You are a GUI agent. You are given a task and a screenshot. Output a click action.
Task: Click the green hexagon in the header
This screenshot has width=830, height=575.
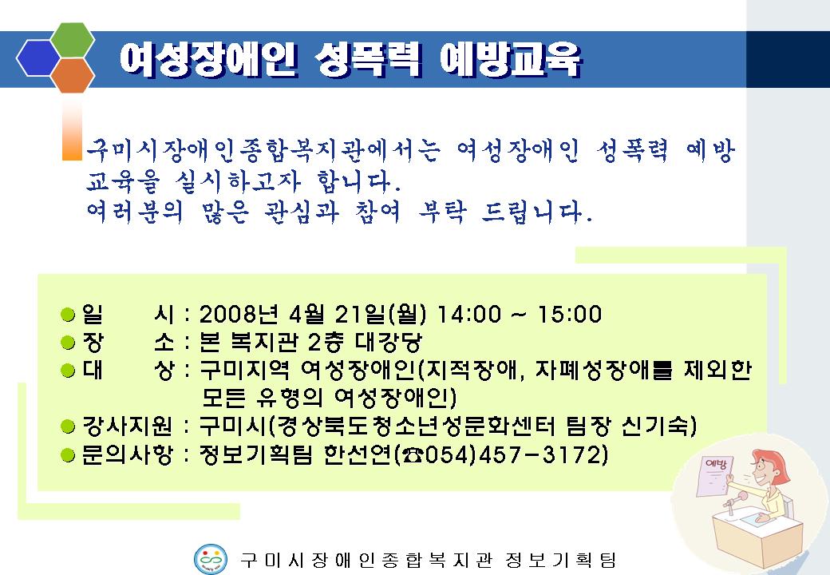point(73,40)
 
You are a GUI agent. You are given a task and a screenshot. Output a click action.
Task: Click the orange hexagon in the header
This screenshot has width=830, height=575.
point(73,75)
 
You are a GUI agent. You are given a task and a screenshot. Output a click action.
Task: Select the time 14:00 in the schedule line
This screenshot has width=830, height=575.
point(468,314)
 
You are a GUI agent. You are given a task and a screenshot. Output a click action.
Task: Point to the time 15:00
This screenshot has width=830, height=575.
point(570,314)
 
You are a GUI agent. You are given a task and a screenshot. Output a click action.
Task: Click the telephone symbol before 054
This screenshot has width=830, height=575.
point(413,455)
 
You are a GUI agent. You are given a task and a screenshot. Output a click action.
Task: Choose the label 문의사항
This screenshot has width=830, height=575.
point(127,455)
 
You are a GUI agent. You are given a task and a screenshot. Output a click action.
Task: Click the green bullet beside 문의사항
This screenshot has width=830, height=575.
point(69,455)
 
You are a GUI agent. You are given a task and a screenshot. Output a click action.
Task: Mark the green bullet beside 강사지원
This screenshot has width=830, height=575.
point(69,426)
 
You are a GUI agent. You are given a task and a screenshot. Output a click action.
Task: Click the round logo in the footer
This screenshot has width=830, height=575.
point(211,559)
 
